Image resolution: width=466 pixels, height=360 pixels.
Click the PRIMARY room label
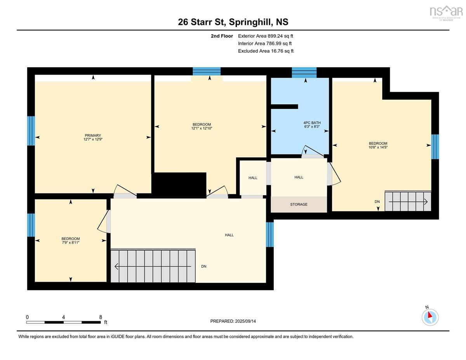[93, 135]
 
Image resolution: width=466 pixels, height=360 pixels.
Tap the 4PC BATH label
[312, 123]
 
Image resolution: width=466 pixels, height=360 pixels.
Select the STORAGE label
[299, 204]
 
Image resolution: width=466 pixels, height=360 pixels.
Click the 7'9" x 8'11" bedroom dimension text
[71, 242]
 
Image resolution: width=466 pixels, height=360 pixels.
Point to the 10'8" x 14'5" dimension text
[378, 147]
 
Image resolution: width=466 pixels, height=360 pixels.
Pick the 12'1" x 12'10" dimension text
[202, 128]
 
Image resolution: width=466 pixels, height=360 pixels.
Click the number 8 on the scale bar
[100, 317]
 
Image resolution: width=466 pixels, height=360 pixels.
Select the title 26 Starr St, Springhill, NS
[233, 22]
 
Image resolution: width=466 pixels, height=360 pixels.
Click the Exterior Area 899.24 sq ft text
[266, 36]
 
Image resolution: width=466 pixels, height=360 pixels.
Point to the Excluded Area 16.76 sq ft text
[266, 51]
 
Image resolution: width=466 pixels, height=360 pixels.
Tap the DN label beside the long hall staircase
[204, 266]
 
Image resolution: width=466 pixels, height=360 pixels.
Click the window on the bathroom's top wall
[304, 73]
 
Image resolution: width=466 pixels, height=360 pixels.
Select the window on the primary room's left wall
[31, 131]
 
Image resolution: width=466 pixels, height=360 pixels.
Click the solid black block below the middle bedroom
[179, 185]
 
